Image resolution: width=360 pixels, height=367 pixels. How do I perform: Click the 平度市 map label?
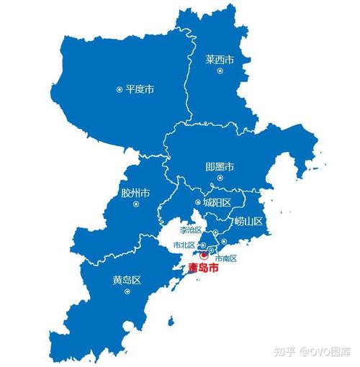point(140,90)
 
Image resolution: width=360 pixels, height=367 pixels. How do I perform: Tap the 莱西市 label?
point(220,60)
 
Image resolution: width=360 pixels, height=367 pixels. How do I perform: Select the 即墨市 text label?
point(220,167)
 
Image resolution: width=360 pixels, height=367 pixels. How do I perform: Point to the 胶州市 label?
point(135,193)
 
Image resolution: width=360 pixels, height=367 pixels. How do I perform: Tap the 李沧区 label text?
point(192,230)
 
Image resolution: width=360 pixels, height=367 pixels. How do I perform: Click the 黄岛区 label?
point(126,278)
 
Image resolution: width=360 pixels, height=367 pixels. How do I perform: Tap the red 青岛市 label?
point(202,268)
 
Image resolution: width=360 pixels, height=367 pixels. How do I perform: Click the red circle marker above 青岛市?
point(204,255)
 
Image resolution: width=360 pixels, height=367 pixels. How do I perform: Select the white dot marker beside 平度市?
point(120,90)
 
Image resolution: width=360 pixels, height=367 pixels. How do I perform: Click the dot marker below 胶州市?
point(135,204)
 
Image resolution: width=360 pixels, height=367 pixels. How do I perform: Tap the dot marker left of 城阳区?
point(197,203)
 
